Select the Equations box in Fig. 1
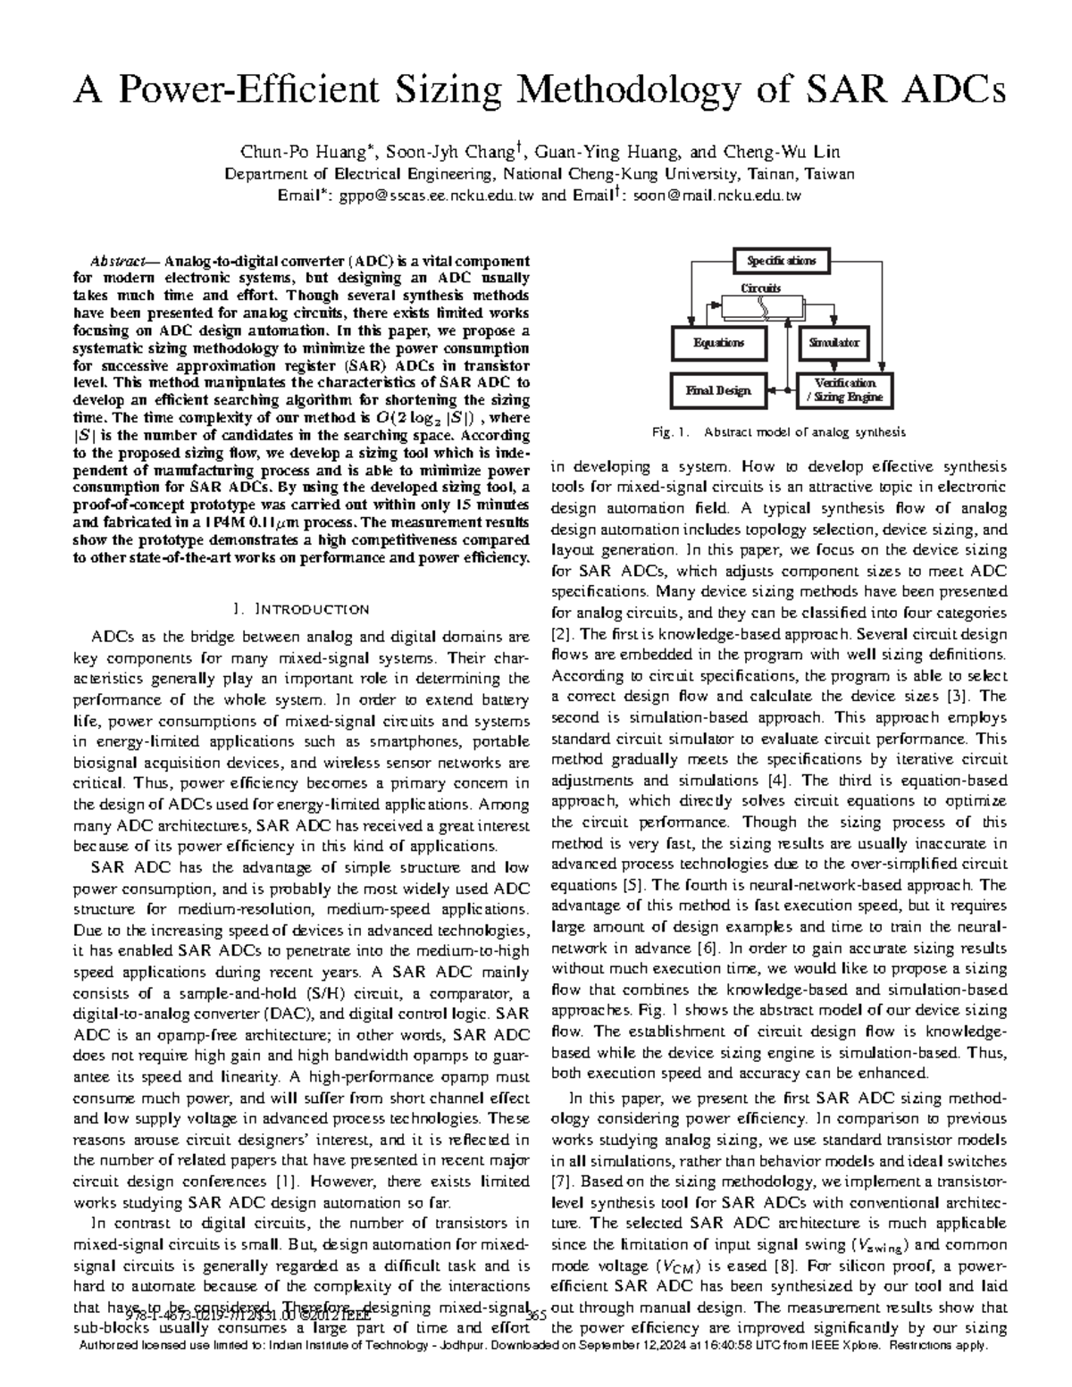coord(719,342)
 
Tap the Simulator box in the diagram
coord(834,342)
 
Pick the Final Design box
coord(719,390)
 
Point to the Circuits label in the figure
coord(761,288)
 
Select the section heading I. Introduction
coord(300,610)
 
